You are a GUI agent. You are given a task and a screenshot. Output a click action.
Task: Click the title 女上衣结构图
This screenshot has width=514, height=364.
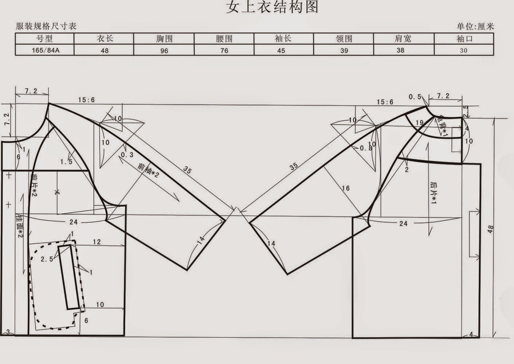(x=272, y=7)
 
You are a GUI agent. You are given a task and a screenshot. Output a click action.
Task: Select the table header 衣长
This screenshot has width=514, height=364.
(x=105, y=39)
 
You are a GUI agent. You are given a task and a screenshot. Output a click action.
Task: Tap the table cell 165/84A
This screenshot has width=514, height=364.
(x=45, y=50)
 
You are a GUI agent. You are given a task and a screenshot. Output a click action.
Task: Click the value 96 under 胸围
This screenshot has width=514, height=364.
(x=164, y=50)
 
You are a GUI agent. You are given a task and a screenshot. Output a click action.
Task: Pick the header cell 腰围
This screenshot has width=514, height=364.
(x=224, y=39)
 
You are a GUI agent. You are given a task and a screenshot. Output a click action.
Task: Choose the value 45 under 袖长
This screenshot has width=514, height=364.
(x=281, y=50)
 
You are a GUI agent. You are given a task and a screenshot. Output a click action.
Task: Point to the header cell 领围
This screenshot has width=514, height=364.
(x=344, y=39)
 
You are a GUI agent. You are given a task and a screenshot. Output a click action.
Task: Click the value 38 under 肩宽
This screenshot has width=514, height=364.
(x=400, y=50)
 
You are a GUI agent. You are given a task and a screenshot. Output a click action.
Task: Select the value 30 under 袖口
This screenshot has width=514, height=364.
(x=463, y=50)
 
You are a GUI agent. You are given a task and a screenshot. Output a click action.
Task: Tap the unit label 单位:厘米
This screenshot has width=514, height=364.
(x=475, y=26)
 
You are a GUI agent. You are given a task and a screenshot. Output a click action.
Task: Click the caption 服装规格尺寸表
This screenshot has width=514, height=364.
(x=46, y=26)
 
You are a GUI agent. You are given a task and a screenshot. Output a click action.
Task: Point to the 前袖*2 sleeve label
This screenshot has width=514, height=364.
(x=149, y=170)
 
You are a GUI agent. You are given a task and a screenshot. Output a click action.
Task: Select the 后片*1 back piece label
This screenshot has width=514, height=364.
(x=433, y=193)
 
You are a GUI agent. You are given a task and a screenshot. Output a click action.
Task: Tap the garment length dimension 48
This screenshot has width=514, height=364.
(x=491, y=229)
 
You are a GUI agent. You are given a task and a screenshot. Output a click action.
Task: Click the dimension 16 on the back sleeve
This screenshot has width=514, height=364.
(x=345, y=188)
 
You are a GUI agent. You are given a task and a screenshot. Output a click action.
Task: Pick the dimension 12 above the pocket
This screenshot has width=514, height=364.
(x=97, y=241)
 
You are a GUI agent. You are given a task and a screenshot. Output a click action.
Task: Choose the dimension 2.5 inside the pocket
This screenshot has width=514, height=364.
(x=47, y=259)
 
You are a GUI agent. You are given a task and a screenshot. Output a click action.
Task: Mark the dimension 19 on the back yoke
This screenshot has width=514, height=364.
(x=419, y=123)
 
